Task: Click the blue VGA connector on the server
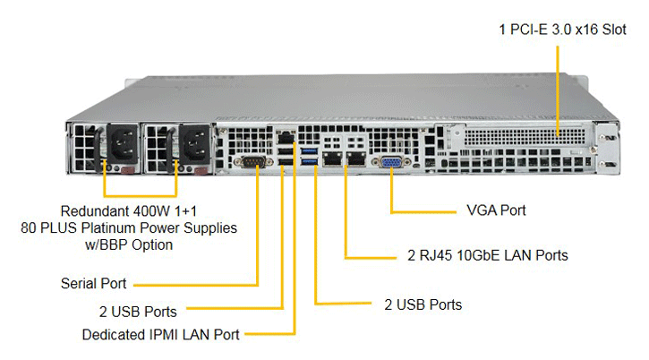pyautogui.click(x=391, y=162)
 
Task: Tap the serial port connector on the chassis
pyautogui.click(x=253, y=161)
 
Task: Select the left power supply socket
pyautogui.click(x=123, y=144)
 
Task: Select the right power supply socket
pyautogui.click(x=193, y=144)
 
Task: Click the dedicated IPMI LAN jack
pyautogui.click(x=286, y=138)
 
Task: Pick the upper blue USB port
pyautogui.click(x=309, y=150)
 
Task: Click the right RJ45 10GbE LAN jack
pyautogui.click(x=356, y=159)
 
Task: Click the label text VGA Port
pyautogui.click(x=496, y=210)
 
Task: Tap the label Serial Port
pyautogui.click(x=93, y=283)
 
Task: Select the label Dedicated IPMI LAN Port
pyautogui.click(x=160, y=334)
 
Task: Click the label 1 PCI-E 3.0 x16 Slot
pyautogui.click(x=562, y=30)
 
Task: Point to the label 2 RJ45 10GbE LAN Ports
pyautogui.click(x=488, y=255)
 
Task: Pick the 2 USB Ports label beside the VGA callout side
pyautogui.click(x=423, y=304)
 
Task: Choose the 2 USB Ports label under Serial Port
pyautogui.click(x=138, y=312)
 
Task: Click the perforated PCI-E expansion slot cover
pyautogui.click(x=525, y=137)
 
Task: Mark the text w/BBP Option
pyautogui.click(x=129, y=244)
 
